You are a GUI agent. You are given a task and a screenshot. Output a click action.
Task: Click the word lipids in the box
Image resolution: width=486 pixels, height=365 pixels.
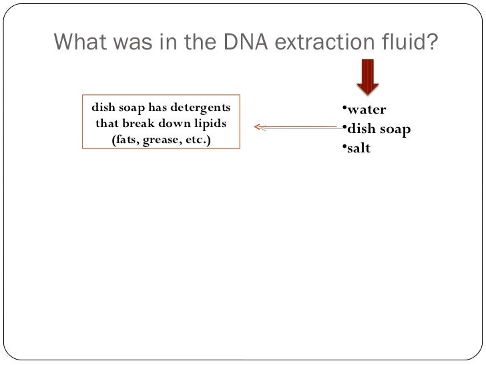pos(210,124)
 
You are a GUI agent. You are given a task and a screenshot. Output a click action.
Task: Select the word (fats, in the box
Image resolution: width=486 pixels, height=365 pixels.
pos(125,140)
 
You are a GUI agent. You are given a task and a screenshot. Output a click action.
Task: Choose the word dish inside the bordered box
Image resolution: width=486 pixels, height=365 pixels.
pos(103,107)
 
